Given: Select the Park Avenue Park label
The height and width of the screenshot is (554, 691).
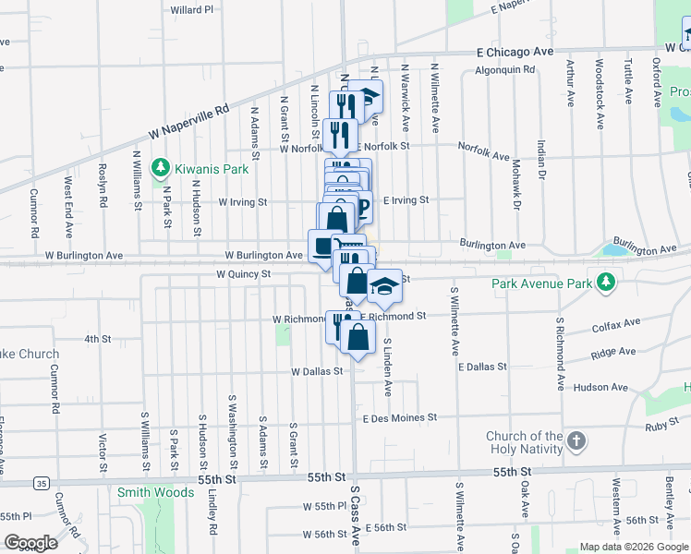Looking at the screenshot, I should click(540, 283).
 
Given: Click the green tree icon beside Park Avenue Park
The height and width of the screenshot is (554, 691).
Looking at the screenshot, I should click(606, 282).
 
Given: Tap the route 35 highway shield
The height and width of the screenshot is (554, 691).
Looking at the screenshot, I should click(41, 482).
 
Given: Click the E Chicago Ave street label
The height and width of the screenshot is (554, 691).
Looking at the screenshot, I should click(514, 53).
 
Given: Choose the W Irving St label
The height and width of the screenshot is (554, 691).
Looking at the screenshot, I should click(242, 201).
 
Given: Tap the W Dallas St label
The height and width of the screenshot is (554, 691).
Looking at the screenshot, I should click(317, 371).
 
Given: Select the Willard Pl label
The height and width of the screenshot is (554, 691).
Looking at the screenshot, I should click(192, 9).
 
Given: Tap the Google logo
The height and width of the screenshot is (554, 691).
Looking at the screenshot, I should click(32, 543).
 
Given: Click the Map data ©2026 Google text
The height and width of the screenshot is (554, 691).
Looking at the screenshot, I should click(633, 547).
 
